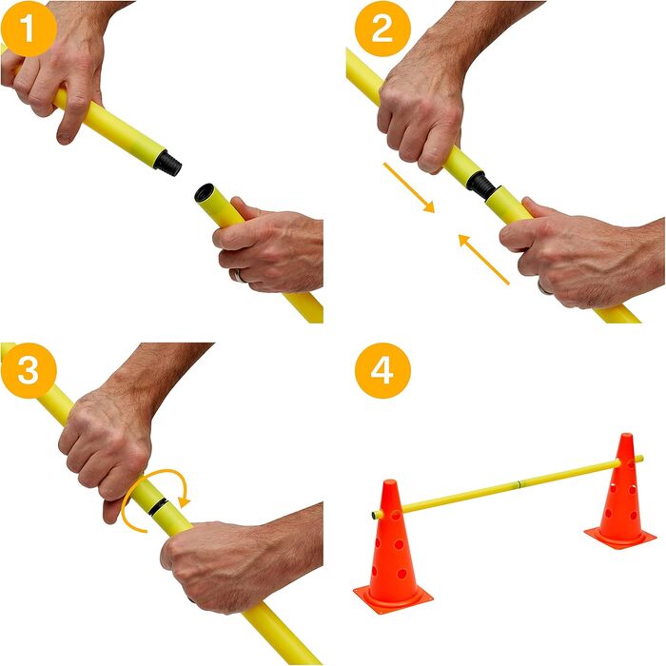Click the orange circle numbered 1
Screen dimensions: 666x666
pos(29,29)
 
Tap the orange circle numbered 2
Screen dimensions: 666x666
pos(382,29)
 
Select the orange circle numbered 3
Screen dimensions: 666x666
pos(29,370)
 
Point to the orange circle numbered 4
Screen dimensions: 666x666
pos(382,370)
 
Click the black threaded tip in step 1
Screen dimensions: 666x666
pos(168,163)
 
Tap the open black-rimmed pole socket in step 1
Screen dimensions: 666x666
pos(204,193)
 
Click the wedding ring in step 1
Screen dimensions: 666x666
pos(239,276)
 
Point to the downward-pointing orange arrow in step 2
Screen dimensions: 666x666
pos(409,187)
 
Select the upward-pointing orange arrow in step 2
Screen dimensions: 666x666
pos(483,259)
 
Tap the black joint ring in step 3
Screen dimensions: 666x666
pos(159,507)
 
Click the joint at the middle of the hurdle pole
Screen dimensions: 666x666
pos(519,483)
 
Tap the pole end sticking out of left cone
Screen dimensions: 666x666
pos(377,515)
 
